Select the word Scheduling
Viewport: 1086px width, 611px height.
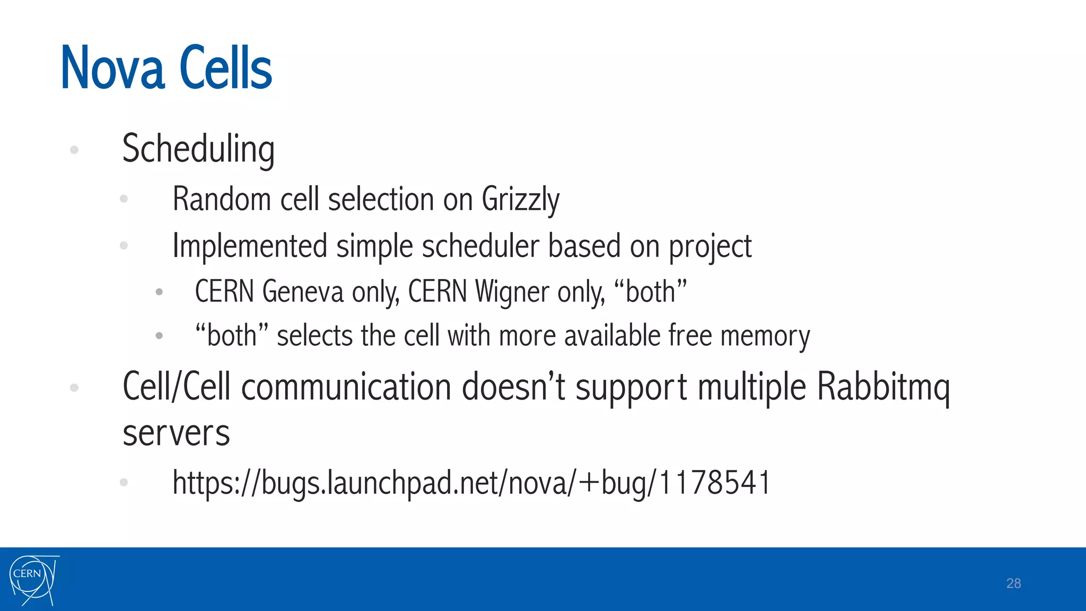coord(198,149)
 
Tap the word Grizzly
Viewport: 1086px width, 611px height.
coord(520,200)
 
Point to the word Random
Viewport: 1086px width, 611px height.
coord(222,199)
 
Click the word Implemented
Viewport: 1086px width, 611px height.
coord(250,246)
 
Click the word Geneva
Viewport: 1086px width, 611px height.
coord(303,292)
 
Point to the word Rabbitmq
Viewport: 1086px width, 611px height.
coord(883,387)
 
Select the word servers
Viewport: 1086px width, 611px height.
coord(176,433)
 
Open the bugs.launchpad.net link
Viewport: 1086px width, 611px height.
coord(471,483)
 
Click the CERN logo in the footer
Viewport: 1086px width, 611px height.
coord(33,580)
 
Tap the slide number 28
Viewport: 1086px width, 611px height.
coord(1013,583)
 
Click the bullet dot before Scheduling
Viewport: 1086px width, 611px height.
coord(74,150)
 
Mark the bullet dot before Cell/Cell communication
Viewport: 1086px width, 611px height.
coord(74,388)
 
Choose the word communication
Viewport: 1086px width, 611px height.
coord(346,387)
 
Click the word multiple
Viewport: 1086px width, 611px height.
coord(751,387)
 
